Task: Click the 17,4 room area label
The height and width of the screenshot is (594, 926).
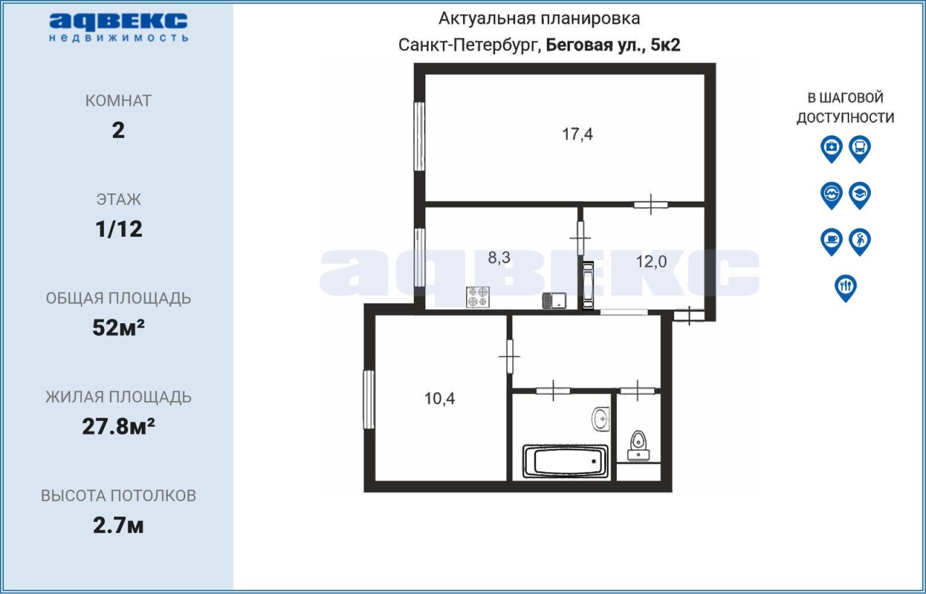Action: click(577, 134)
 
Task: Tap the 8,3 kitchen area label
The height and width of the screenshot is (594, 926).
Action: click(499, 257)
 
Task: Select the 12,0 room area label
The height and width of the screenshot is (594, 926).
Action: click(651, 262)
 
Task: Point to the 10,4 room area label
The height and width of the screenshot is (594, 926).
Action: click(439, 399)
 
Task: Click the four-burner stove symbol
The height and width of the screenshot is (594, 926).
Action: click(477, 297)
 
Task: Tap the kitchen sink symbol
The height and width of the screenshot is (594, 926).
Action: click(554, 301)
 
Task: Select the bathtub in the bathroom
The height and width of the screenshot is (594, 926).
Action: click(565, 461)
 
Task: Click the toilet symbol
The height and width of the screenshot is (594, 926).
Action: click(638, 446)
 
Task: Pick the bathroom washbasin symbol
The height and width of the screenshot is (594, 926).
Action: click(600, 419)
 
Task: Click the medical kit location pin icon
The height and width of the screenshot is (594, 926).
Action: click(831, 149)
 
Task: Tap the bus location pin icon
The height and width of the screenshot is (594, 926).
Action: click(860, 149)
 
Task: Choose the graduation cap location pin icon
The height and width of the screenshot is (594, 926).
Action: click(860, 195)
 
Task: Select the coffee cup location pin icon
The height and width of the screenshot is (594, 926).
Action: click(831, 241)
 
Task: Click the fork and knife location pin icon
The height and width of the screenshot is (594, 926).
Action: click(846, 288)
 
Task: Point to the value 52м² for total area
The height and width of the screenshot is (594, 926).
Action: click(118, 327)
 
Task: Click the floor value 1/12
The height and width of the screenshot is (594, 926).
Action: click(119, 229)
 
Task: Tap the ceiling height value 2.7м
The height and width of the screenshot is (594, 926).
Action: click(118, 525)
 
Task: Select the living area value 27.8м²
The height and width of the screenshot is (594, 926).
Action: click(118, 426)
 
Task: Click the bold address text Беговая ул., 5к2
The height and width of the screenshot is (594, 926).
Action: click(613, 45)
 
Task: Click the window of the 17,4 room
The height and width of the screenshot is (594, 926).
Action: click(419, 137)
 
